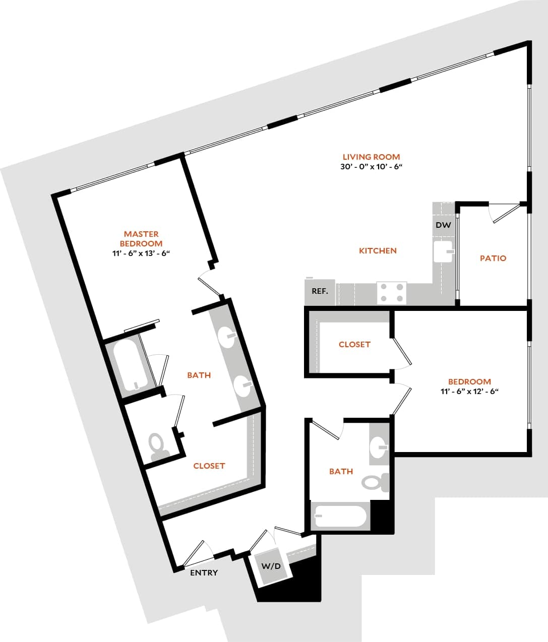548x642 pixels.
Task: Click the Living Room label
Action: coord(371,157)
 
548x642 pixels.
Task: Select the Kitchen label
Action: coord(378,250)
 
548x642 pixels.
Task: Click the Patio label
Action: coord(493,258)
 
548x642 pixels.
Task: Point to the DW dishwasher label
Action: coord(443,225)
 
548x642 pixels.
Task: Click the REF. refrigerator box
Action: coord(320,292)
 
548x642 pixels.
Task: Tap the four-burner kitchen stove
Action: coord(392,293)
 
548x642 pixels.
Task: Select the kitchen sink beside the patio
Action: coord(444,251)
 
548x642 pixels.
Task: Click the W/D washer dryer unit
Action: coord(270,566)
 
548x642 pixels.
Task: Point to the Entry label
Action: coord(204,572)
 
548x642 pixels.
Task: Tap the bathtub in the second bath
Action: coord(340,516)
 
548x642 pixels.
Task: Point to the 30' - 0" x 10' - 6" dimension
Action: coord(371,166)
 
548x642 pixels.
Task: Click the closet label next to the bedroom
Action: coord(354,344)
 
